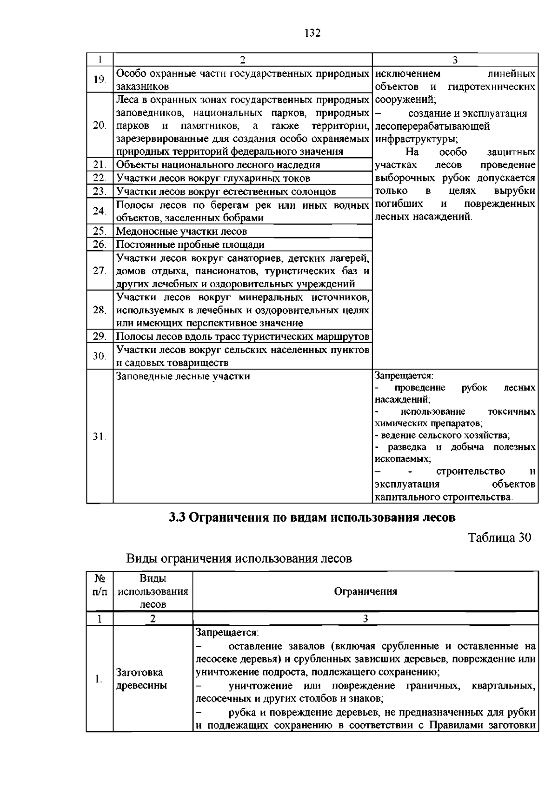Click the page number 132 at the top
[312, 33]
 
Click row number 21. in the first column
[99, 165]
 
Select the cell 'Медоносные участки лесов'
[181, 231]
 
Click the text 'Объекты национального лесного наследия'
[218, 165]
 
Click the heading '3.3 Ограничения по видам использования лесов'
[312, 517]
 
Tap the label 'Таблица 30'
[499, 537]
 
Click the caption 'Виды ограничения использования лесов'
[239, 558]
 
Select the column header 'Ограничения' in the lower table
[365, 591]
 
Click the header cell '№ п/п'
[100, 585]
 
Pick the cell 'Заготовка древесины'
[141, 679]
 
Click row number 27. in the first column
[99, 271]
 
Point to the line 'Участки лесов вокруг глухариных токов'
[213, 178]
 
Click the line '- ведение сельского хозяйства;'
[442, 436]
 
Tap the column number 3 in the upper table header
[455, 60]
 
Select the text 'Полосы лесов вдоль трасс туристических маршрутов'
[242, 337]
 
